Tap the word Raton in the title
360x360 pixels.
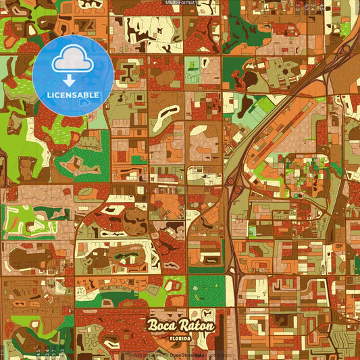tap(197, 326)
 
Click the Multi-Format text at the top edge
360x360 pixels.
tap(180, 3)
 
